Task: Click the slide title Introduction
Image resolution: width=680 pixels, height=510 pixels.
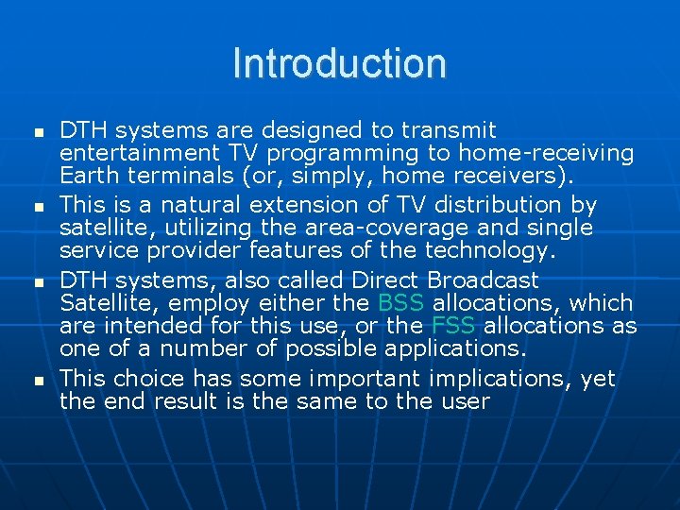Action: [x=339, y=64]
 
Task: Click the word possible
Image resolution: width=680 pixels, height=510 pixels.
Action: [x=331, y=348]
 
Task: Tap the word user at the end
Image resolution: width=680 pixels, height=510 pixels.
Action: [x=466, y=401]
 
